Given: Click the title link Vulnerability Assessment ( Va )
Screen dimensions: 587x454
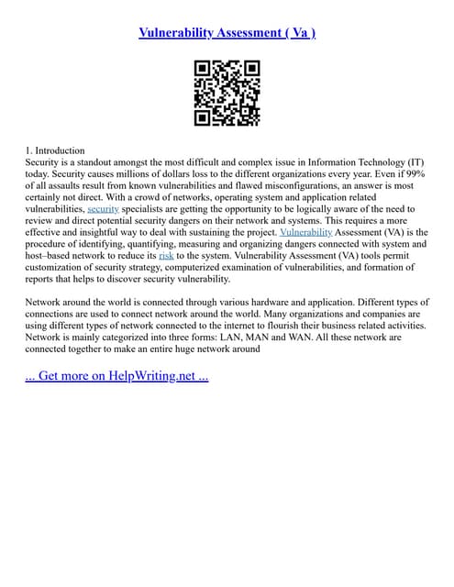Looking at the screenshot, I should [x=227, y=33].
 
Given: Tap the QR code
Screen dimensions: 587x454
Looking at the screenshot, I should [x=227, y=93].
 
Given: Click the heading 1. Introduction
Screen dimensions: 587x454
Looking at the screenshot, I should [x=55, y=150].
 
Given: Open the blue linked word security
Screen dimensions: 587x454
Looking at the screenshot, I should [x=104, y=209].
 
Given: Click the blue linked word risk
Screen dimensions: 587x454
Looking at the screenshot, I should [x=166, y=256].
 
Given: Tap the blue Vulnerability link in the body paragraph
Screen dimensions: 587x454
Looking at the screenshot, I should [x=305, y=233].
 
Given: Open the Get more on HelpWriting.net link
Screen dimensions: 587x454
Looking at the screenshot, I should [x=116, y=377].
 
